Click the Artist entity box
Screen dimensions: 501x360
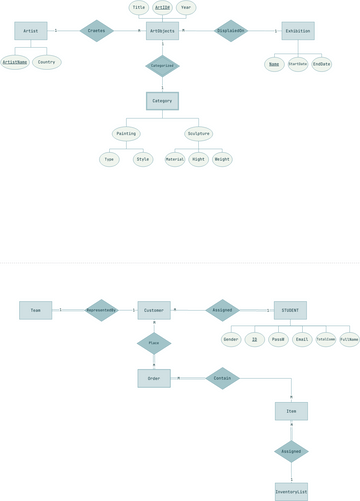tap(31, 31)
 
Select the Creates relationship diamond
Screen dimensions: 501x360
tap(97, 31)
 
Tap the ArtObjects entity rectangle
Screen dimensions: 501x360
tap(162, 31)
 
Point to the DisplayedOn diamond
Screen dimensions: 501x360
tap(230, 31)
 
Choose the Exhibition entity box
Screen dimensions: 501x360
tap(297, 31)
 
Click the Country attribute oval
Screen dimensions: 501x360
tap(46, 62)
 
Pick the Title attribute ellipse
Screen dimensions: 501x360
tap(139, 7)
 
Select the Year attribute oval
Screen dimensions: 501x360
tap(186, 7)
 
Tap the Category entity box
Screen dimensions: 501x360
tap(162, 101)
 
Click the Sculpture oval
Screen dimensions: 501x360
tap(198, 133)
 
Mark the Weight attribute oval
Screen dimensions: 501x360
tap(222, 159)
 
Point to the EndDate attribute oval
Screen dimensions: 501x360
tap(321, 64)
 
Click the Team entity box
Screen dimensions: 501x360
tap(35, 310)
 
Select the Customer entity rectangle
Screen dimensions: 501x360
tap(153, 310)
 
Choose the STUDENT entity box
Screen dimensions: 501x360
tap(290, 310)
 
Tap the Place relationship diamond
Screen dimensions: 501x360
tap(154, 343)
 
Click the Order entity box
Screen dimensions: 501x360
tap(154, 378)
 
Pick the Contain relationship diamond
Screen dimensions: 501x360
tap(222, 378)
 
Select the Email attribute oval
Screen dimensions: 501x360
tap(302, 340)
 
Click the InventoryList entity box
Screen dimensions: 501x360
tap(291, 491)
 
